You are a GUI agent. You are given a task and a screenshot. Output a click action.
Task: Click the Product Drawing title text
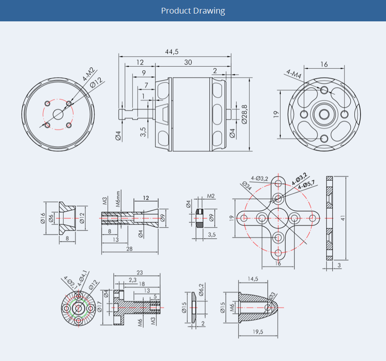[193, 11]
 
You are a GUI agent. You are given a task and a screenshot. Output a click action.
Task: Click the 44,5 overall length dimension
[172, 52]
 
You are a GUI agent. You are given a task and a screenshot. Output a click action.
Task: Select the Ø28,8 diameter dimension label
[244, 114]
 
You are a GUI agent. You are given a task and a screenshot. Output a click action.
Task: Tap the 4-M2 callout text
[88, 74]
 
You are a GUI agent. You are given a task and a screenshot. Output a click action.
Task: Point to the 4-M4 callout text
[294, 74]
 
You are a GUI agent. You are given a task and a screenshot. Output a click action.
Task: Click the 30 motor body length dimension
[188, 62]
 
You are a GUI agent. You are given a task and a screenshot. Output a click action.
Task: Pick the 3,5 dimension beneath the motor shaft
[143, 132]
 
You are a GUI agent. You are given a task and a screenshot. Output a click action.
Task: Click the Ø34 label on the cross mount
[247, 186]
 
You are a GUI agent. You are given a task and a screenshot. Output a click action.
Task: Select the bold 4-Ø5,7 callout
[306, 184]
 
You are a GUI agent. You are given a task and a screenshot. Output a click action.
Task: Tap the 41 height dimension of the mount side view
[342, 218]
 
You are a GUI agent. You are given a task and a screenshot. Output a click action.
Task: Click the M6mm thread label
[118, 199]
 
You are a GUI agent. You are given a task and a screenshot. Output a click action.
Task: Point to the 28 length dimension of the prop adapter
[129, 249]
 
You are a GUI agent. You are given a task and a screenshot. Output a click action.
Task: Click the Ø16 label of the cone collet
[43, 218]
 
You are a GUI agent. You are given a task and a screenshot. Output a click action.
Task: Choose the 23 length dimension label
[140, 273]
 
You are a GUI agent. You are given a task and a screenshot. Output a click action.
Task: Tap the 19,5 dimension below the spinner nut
[258, 332]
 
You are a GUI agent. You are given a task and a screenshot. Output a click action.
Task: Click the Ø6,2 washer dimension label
[201, 290]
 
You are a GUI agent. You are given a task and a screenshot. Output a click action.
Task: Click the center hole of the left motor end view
[58, 114]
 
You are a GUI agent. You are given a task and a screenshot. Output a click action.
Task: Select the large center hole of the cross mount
[278, 218]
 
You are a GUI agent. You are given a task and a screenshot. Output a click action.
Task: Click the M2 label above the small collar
[211, 196]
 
